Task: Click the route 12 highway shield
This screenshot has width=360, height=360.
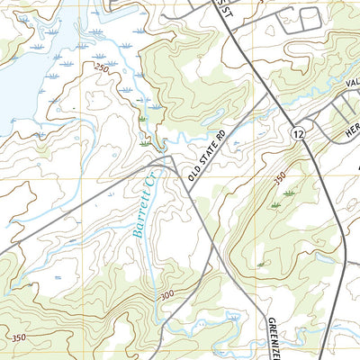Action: tap(296, 133)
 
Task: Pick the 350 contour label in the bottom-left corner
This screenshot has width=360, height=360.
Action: tap(17, 337)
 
